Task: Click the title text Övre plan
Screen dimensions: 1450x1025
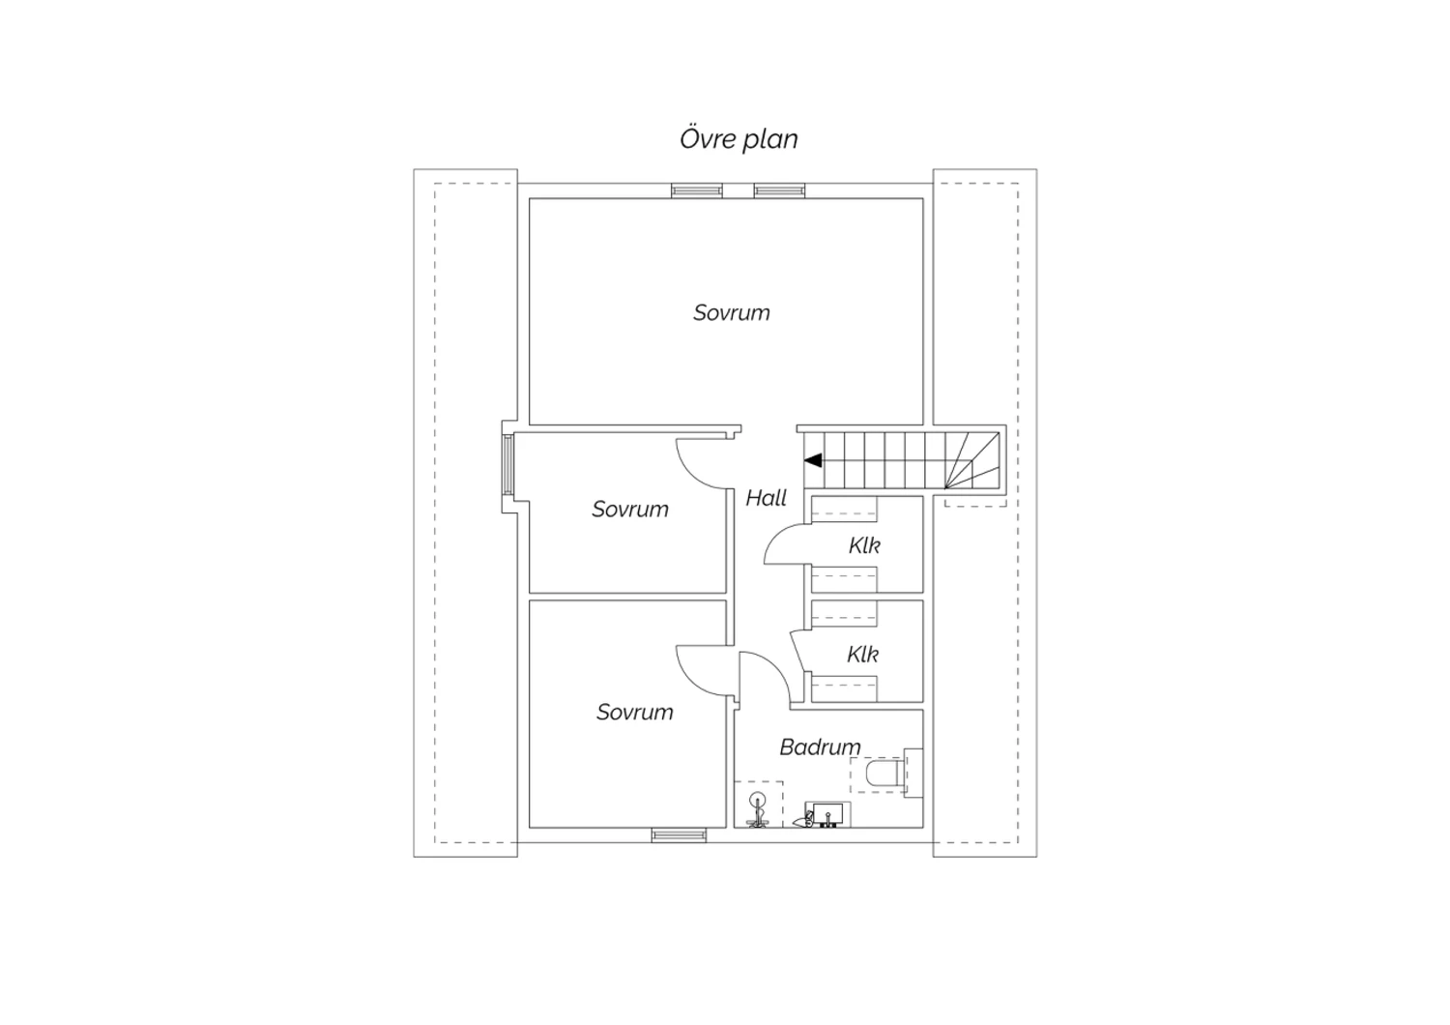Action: click(739, 139)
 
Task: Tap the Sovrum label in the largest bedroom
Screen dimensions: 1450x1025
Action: click(732, 312)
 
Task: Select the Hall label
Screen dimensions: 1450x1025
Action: click(767, 498)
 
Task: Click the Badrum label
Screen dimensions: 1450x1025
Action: click(820, 747)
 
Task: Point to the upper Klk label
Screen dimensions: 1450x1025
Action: click(864, 545)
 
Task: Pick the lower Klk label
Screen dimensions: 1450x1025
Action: click(863, 654)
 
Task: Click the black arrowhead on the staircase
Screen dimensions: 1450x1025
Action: click(813, 460)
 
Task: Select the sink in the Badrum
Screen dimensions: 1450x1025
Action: click(826, 814)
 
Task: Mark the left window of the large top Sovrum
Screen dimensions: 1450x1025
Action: click(697, 190)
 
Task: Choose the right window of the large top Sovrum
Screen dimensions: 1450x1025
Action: click(779, 190)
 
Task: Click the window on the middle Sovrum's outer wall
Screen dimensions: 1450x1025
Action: click(508, 466)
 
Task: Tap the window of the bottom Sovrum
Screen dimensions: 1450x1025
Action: click(679, 835)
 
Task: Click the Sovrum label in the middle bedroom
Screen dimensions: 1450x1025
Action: click(630, 510)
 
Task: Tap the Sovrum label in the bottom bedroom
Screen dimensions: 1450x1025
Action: click(634, 713)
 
